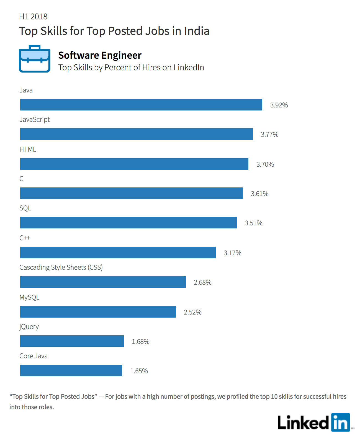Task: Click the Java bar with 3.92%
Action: point(141,104)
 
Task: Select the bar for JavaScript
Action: point(137,134)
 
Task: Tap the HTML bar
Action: point(134,164)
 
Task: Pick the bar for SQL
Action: point(128,222)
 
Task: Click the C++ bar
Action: point(118,252)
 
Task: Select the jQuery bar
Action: point(72,341)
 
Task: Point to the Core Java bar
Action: point(71,370)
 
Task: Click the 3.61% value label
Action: point(259,194)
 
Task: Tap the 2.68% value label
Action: point(202,282)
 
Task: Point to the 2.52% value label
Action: point(192,312)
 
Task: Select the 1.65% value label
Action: point(139,371)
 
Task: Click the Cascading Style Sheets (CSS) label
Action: point(61,267)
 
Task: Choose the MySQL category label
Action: point(29,297)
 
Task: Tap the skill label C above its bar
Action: point(21,179)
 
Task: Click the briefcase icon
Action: point(35,59)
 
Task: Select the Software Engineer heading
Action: point(100,55)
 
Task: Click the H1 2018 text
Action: point(33,16)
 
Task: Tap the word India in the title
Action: point(197,31)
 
